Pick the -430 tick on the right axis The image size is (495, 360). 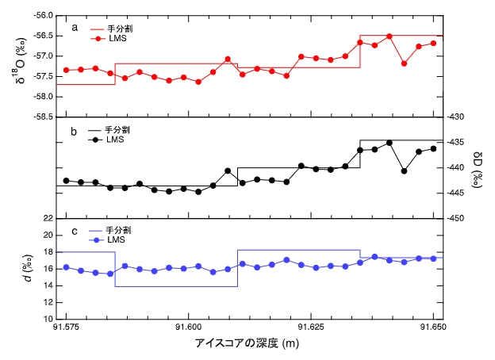tap(462, 117)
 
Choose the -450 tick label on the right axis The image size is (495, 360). tap(462, 218)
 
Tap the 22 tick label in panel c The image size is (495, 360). tap(48, 218)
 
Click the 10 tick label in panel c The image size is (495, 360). tap(48, 319)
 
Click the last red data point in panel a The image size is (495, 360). tap(433, 43)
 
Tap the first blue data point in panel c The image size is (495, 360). tap(66, 267)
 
